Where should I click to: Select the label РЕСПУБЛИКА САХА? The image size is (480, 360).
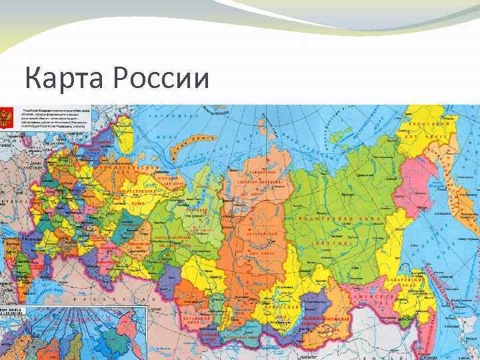pyautogui.click(x=340, y=218)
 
